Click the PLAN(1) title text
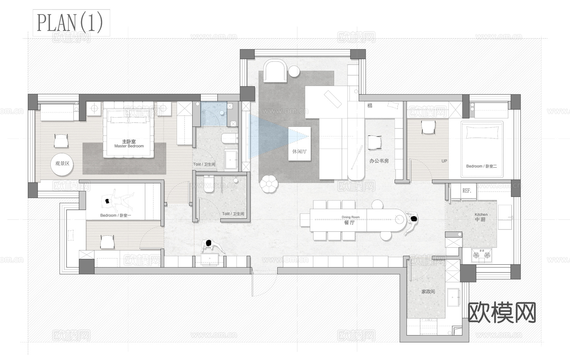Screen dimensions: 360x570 click(x=70, y=23)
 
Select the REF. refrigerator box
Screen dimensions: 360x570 click(x=466, y=191)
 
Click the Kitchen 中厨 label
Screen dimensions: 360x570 click(x=481, y=217)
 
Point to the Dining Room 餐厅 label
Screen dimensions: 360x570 click(x=350, y=221)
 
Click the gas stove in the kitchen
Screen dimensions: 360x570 click(x=482, y=255)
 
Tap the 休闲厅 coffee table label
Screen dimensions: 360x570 click(x=299, y=151)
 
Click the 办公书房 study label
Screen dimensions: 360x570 click(x=379, y=161)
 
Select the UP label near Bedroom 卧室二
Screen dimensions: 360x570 click(x=444, y=161)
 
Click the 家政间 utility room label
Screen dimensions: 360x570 click(x=428, y=292)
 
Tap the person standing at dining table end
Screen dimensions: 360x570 click(x=411, y=222)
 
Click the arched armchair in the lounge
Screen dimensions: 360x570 click(x=275, y=71)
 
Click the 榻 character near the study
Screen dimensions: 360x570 click(x=370, y=106)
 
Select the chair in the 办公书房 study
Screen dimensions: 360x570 click(x=375, y=143)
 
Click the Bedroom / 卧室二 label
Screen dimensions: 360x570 click(x=481, y=166)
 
